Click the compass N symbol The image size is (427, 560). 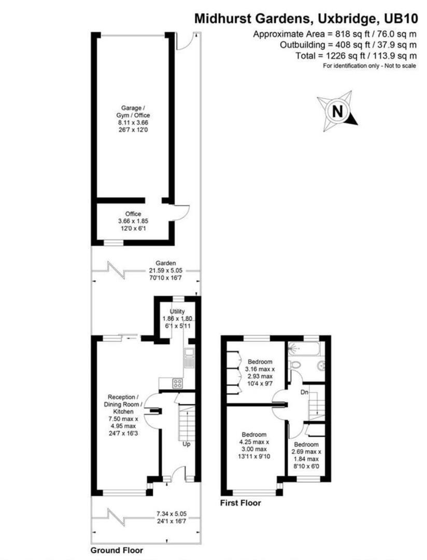click(x=337, y=111)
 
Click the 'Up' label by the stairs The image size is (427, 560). click(x=185, y=444)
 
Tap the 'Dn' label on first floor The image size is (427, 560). click(x=306, y=393)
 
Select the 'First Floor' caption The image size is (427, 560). click(x=240, y=502)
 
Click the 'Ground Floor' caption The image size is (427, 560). click(x=117, y=550)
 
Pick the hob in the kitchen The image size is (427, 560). click(x=177, y=384)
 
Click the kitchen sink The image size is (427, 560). click(x=189, y=354)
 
